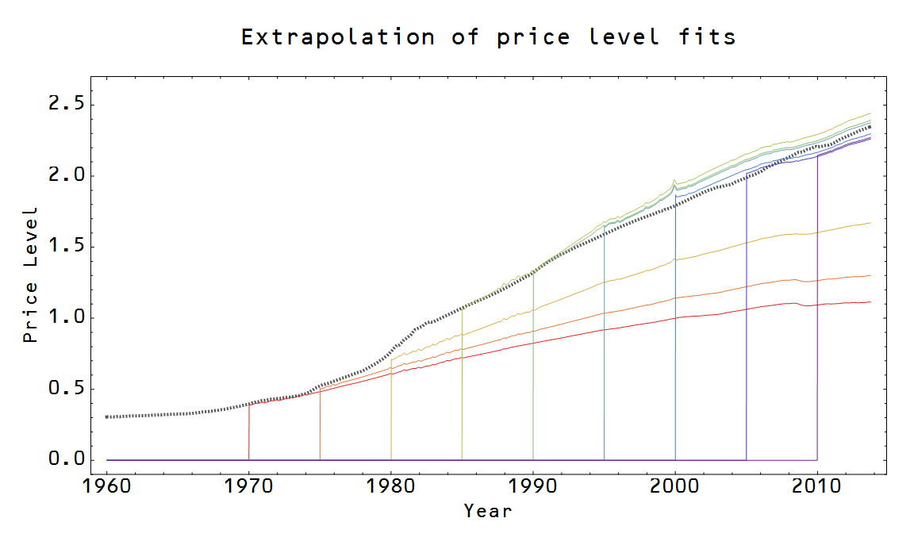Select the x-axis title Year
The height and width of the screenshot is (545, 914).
[488, 510]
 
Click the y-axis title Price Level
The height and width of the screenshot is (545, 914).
[30, 274]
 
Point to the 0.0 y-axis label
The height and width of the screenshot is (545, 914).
[65, 460]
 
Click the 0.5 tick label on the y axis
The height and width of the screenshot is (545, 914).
[65, 390]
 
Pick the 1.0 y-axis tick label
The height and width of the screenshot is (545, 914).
[65, 318]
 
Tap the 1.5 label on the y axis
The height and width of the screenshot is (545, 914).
[65, 247]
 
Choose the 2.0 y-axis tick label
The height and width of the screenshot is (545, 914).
[65, 176]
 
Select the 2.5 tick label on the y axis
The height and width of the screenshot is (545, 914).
[65, 105]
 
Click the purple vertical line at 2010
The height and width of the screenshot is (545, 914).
[817, 317]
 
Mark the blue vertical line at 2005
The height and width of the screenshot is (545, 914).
[746, 333]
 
